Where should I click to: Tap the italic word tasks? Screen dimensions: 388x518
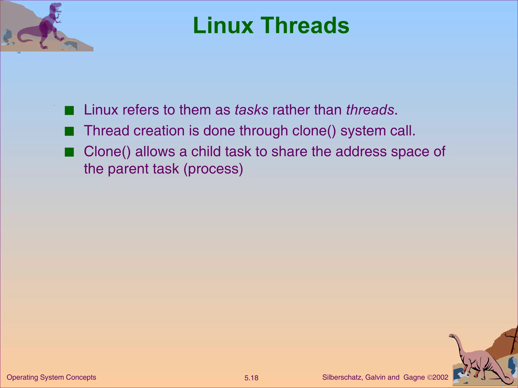[251, 110]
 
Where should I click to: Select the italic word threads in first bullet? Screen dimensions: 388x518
[370, 110]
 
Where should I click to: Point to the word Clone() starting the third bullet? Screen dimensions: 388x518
[107, 152]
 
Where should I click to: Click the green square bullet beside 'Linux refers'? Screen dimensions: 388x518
[69, 111]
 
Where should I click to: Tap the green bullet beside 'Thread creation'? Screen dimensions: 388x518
[69, 132]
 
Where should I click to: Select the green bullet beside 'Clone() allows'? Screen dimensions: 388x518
[69, 153]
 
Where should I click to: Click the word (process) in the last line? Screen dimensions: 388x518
[213, 169]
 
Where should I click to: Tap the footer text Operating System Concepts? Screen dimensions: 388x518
[51, 377]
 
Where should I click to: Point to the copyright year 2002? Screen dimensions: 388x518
[440, 377]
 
